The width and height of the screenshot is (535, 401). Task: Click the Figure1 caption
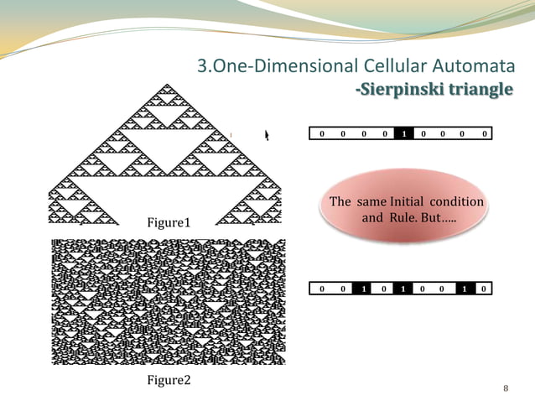[169, 223]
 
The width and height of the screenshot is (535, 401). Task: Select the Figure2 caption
[169, 380]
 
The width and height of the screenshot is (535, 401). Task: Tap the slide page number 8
[506, 388]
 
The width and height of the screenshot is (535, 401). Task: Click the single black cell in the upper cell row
[403, 134]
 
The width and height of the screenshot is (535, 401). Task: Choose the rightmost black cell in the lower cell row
[464, 289]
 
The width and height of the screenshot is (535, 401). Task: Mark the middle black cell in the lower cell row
[403, 289]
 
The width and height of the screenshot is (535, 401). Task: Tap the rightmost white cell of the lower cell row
[484, 289]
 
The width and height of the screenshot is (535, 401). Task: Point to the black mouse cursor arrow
[268, 135]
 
